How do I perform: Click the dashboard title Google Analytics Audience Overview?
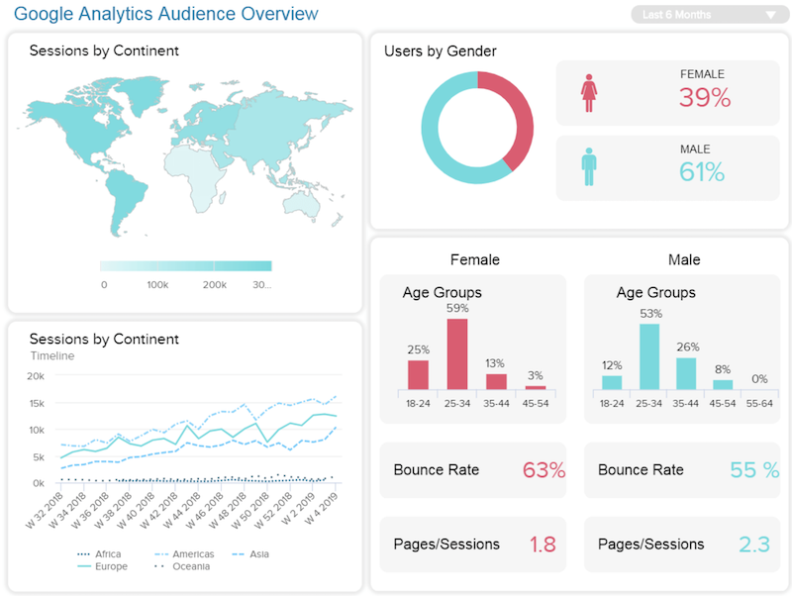pos(166,14)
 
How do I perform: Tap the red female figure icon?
pos(589,92)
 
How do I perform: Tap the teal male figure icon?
pos(589,167)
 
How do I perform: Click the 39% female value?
pos(704,97)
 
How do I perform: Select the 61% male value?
pos(702,172)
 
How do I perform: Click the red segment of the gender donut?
pos(513,124)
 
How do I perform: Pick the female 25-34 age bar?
pos(456,354)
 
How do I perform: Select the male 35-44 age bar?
pos(687,372)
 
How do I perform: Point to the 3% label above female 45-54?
pos(536,374)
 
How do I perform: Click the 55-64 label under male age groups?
pos(759,404)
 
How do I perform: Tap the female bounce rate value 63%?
pos(544,470)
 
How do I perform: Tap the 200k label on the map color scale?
pos(213,285)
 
